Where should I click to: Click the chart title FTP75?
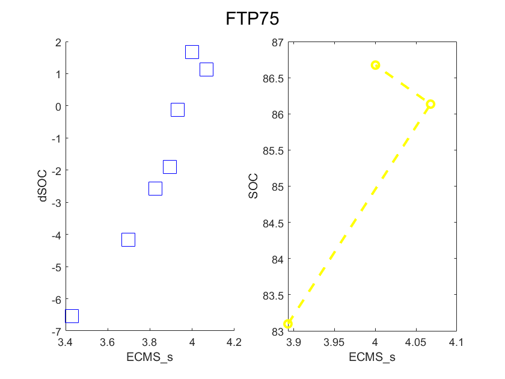tap(252, 19)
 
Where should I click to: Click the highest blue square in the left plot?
tap(192, 52)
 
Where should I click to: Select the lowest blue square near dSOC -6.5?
tap(72, 316)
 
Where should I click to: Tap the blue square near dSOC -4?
tap(128, 239)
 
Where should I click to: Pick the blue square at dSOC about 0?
tap(177, 109)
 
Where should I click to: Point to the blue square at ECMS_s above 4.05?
tap(206, 69)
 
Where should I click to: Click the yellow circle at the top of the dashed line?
tap(375, 65)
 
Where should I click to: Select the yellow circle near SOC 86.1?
tap(430, 104)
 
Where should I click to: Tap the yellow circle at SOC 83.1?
tap(288, 324)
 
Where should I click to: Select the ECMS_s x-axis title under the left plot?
tap(150, 357)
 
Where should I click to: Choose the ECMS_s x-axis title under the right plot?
tap(372, 357)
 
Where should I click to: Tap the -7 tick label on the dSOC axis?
tap(56, 331)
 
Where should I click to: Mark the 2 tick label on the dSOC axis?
tap(58, 42)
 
